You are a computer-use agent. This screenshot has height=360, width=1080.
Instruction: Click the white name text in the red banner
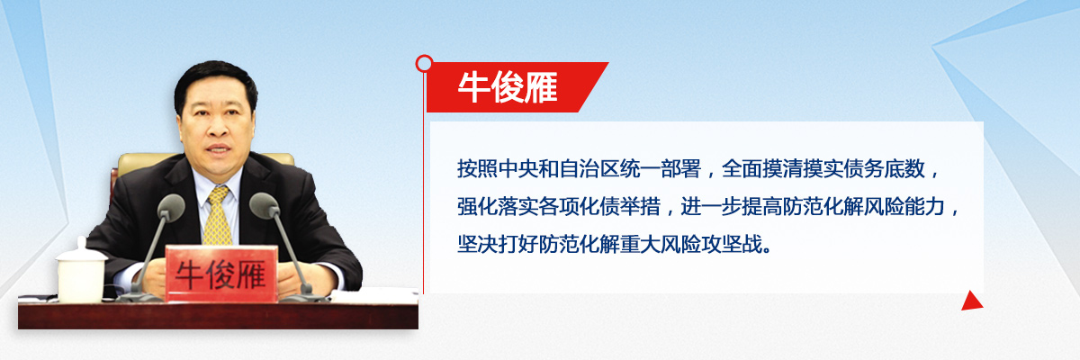coord(508,87)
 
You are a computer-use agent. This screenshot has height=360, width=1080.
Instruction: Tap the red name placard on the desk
coord(221,274)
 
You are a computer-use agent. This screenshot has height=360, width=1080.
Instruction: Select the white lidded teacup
coord(81,270)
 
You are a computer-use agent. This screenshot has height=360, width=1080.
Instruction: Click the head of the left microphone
coord(171,207)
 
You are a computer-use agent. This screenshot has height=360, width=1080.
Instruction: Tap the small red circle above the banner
coord(424,64)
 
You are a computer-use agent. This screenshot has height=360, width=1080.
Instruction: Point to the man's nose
coord(217,127)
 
